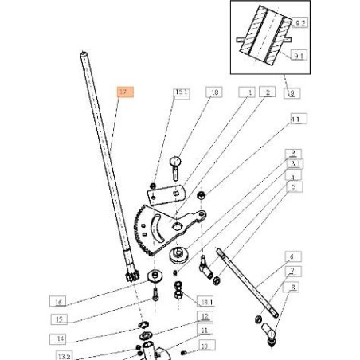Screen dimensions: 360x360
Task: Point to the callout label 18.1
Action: tap(206, 303)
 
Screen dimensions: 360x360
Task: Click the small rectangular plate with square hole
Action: tap(171, 192)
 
